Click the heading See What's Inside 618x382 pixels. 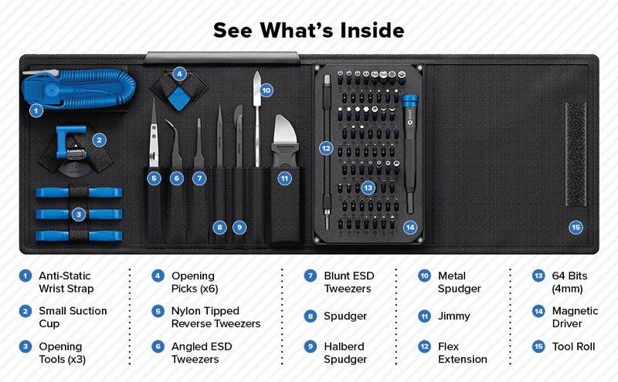pos(308,30)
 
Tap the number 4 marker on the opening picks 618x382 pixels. pos(179,74)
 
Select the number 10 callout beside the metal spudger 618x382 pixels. pos(266,90)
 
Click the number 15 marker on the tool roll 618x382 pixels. pos(575,227)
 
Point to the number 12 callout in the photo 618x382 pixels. pos(326,147)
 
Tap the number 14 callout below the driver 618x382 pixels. pos(409,227)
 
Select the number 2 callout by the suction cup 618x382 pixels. pos(99,140)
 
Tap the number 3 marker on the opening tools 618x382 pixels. pos(79,214)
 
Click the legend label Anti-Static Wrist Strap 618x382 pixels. pos(66,282)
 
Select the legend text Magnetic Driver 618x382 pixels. pos(575,317)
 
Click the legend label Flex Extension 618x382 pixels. pos(463,353)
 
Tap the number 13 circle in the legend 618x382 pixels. pos(538,276)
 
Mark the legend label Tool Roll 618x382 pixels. pos(574,347)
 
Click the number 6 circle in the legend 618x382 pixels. pos(158,347)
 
